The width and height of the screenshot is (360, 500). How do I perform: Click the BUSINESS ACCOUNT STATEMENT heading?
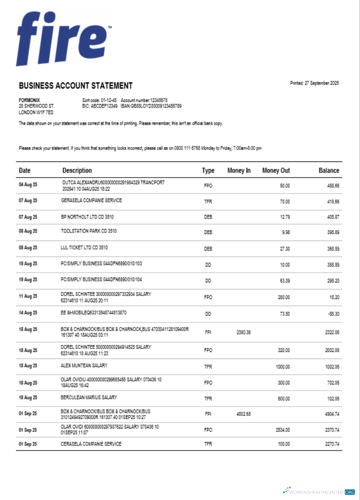[x=75, y=86]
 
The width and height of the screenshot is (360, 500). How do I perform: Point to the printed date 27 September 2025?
[x=314, y=83]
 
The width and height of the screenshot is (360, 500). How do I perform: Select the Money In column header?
[x=239, y=170]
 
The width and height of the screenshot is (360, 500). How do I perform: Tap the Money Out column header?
[x=275, y=170]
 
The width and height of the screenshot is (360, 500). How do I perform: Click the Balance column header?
[x=328, y=170]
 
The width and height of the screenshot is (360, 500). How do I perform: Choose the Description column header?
[x=77, y=170]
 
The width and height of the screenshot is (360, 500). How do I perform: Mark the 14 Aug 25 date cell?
[x=28, y=313]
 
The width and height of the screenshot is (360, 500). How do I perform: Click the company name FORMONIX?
[x=29, y=100]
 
